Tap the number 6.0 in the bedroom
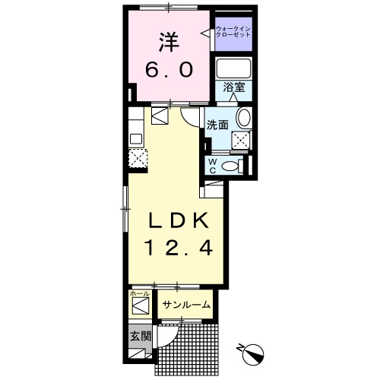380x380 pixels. (169, 70)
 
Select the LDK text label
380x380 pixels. (176, 220)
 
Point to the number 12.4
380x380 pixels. (176, 247)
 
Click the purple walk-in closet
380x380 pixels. (233, 33)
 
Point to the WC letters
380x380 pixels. (212, 166)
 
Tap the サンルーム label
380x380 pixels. (185, 306)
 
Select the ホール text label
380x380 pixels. (139, 293)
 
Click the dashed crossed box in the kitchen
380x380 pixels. (137, 157)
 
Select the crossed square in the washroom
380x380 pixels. (242, 139)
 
